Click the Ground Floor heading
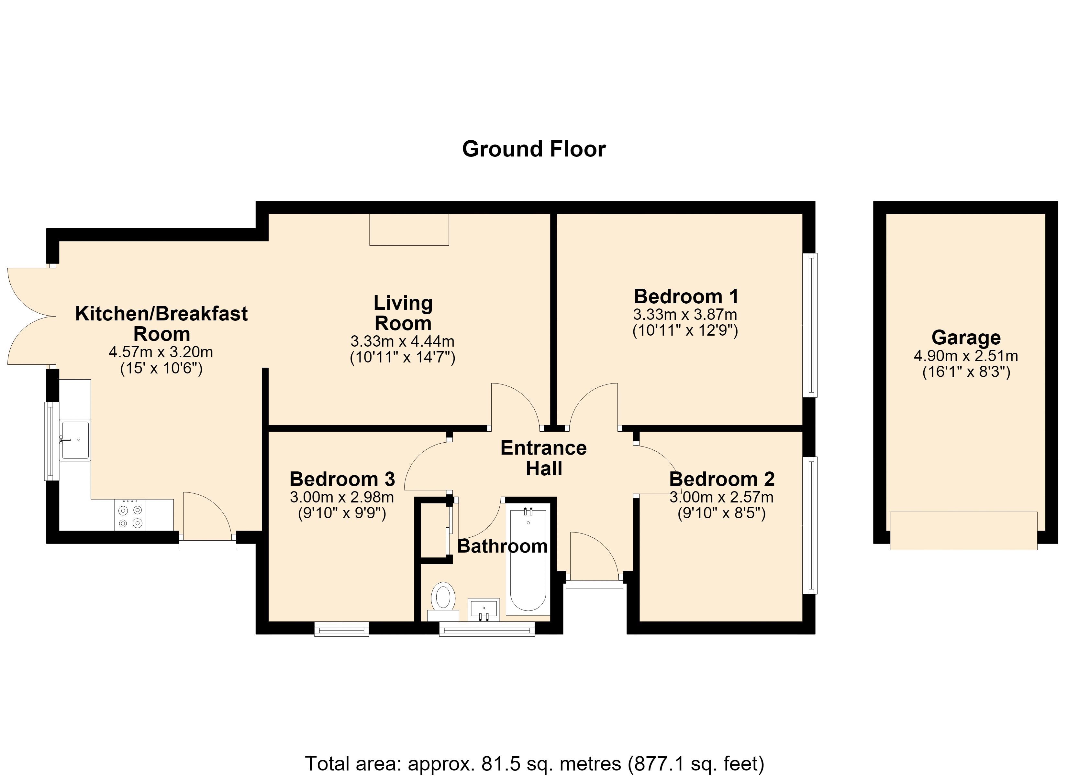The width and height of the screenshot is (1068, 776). [534, 149]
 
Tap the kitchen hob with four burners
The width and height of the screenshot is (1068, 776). [130, 515]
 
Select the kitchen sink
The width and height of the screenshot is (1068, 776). [75, 439]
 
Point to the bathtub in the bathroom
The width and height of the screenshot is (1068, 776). [528, 560]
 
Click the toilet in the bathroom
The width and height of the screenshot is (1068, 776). [443, 602]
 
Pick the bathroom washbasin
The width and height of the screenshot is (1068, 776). [483, 610]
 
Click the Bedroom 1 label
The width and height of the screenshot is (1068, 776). [686, 296]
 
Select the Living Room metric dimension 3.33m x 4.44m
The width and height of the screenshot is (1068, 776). [403, 341]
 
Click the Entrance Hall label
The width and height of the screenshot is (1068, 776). [544, 458]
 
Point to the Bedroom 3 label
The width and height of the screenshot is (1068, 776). [342, 479]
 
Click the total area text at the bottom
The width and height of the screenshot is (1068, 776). [534, 763]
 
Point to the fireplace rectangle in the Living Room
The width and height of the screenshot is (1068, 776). [409, 230]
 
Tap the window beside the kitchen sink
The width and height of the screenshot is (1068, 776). [52, 441]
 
